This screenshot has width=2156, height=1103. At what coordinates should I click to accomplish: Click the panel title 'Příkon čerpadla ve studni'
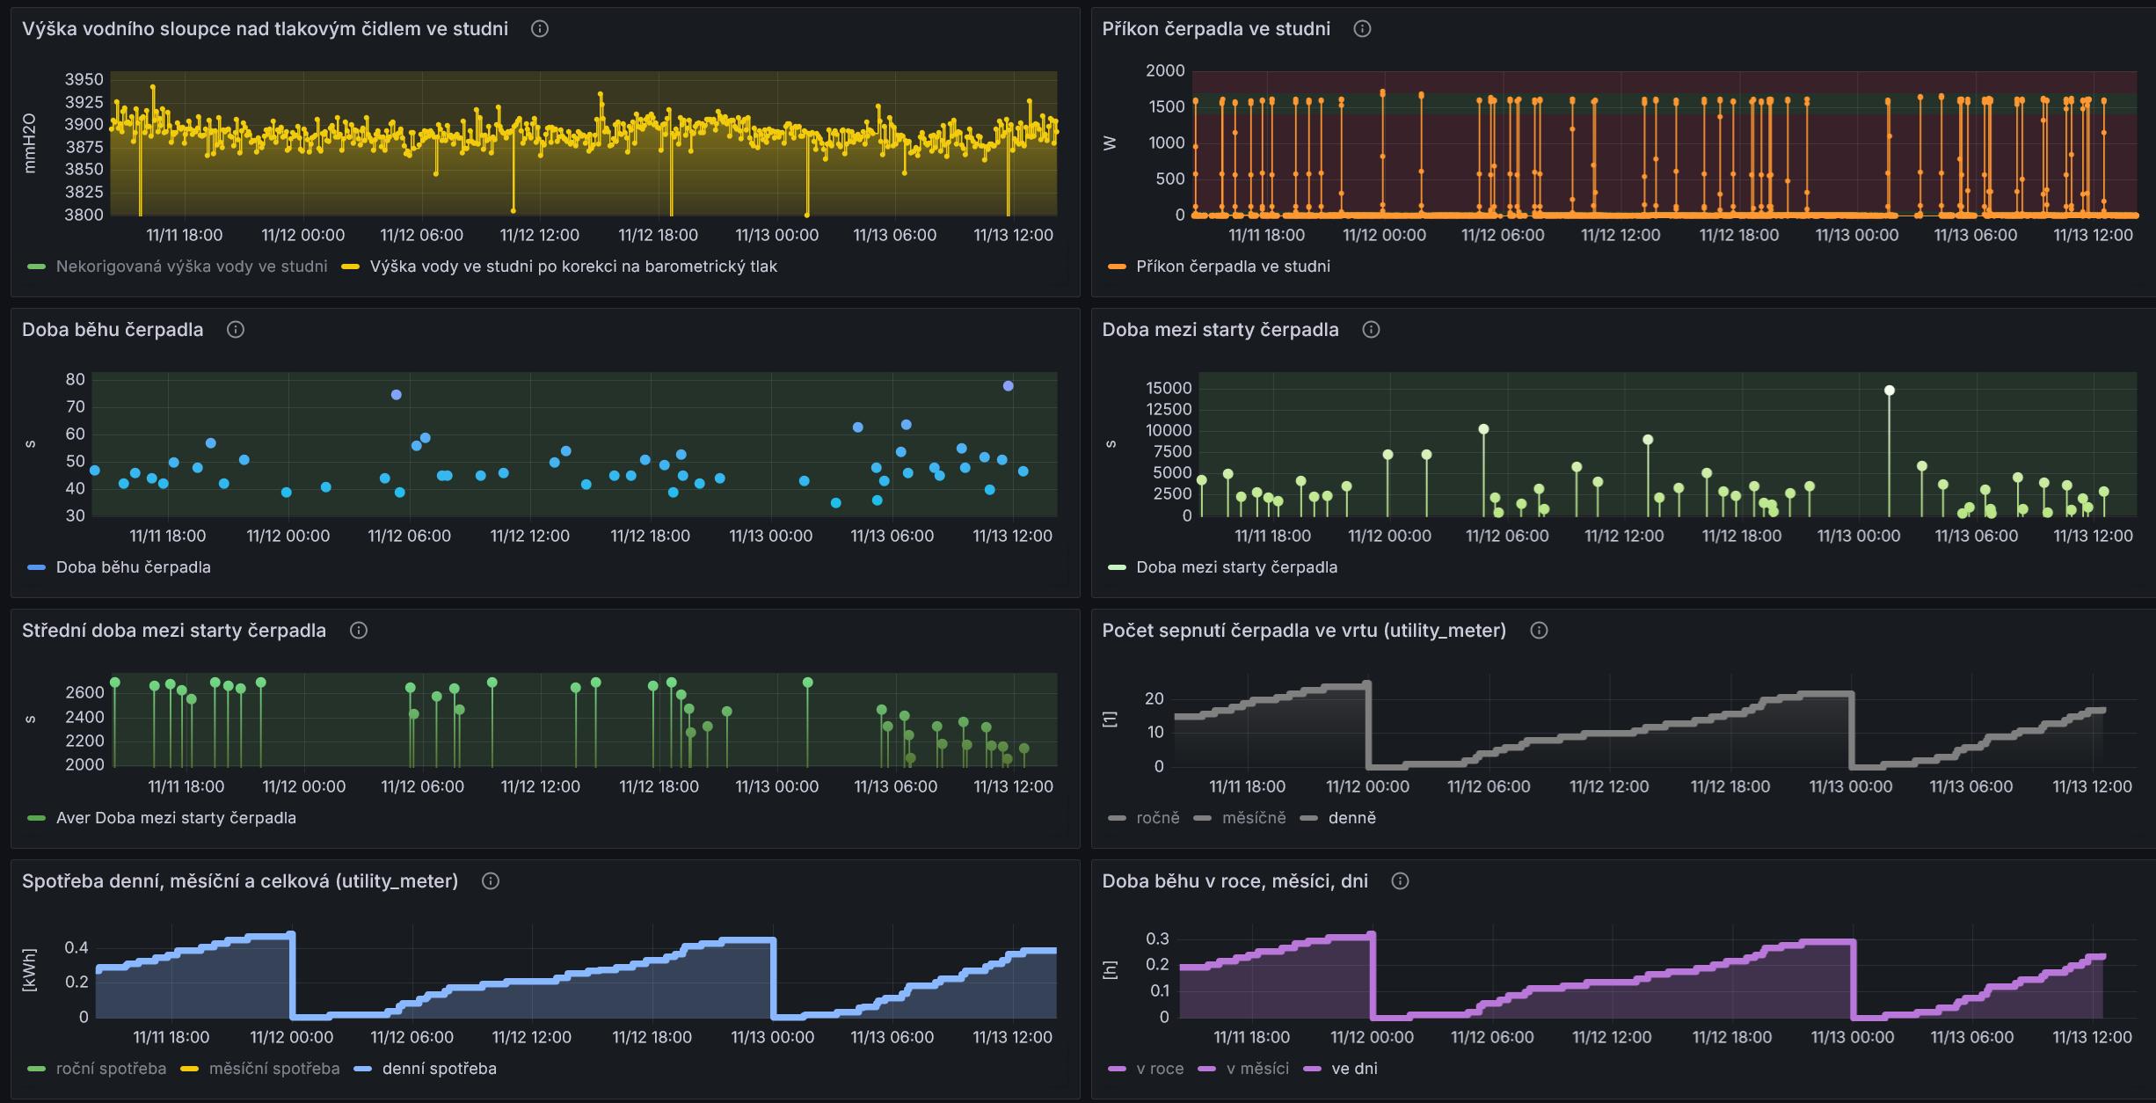[x=1216, y=29]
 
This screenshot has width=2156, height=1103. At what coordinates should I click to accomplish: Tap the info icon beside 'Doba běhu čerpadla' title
[x=236, y=330]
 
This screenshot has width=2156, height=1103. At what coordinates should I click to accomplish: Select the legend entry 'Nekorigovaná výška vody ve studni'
[x=192, y=267]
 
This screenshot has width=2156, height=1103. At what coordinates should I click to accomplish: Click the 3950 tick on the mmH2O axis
[x=84, y=80]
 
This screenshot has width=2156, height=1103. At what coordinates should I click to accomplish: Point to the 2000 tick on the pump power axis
[x=1165, y=70]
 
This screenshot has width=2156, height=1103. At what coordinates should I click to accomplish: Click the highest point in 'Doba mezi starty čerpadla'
[x=1890, y=391]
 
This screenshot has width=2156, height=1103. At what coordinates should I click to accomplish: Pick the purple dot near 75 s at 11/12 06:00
[x=397, y=395]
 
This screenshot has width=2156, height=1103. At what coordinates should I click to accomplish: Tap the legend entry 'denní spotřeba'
[x=439, y=1069]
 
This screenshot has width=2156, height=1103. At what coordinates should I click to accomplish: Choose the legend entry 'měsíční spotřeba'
[x=274, y=1069]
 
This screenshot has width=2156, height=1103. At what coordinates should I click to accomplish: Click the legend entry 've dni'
[x=1354, y=1069]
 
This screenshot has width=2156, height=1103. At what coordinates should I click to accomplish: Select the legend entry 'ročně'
[x=1158, y=818]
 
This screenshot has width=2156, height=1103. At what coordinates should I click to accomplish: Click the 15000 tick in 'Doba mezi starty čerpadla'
[x=1169, y=388]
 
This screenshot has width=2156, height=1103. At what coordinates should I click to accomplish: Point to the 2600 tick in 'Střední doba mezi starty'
[x=84, y=692]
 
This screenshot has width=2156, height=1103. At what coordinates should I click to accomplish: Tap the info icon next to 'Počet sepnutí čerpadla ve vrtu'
[x=1539, y=631]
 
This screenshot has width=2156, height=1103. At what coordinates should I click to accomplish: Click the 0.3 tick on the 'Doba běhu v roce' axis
[x=1157, y=939]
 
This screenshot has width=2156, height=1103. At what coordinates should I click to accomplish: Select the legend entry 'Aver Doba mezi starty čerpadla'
[x=176, y=818]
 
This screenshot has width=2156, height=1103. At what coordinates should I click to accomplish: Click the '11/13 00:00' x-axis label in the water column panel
[x=776, y=236]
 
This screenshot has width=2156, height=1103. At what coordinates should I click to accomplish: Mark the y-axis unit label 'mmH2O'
[x=30, y=142]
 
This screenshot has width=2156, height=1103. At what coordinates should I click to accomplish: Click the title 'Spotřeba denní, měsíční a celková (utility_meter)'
[x=240, y=881]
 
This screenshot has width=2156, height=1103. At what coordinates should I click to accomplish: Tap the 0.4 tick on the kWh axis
[x=76, y=947]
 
